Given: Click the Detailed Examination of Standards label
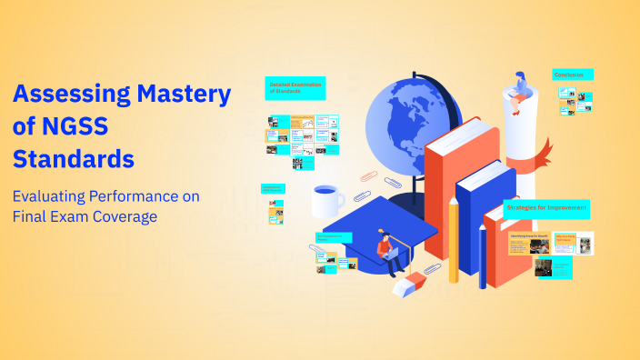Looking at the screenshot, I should [295, 88].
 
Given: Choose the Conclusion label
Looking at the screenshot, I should [573, 75].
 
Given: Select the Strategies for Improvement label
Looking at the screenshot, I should [546, 209].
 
